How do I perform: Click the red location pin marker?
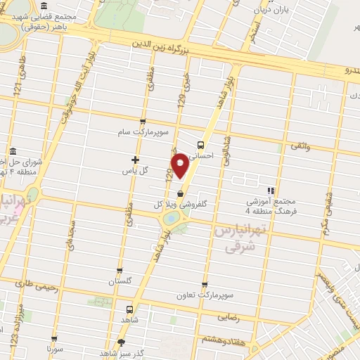tap(180, 166)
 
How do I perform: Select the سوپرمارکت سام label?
tap(143, 131)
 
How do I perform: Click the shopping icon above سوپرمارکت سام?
tap(143, 121)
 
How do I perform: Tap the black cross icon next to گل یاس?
tap(136, 160)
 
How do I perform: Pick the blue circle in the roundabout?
tap(170, 219)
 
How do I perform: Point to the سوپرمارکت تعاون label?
tap(204, 295)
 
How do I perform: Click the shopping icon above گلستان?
tap(120, 271)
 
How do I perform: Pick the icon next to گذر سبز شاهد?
tap(122, 343)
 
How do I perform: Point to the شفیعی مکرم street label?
tap(327, 210)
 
